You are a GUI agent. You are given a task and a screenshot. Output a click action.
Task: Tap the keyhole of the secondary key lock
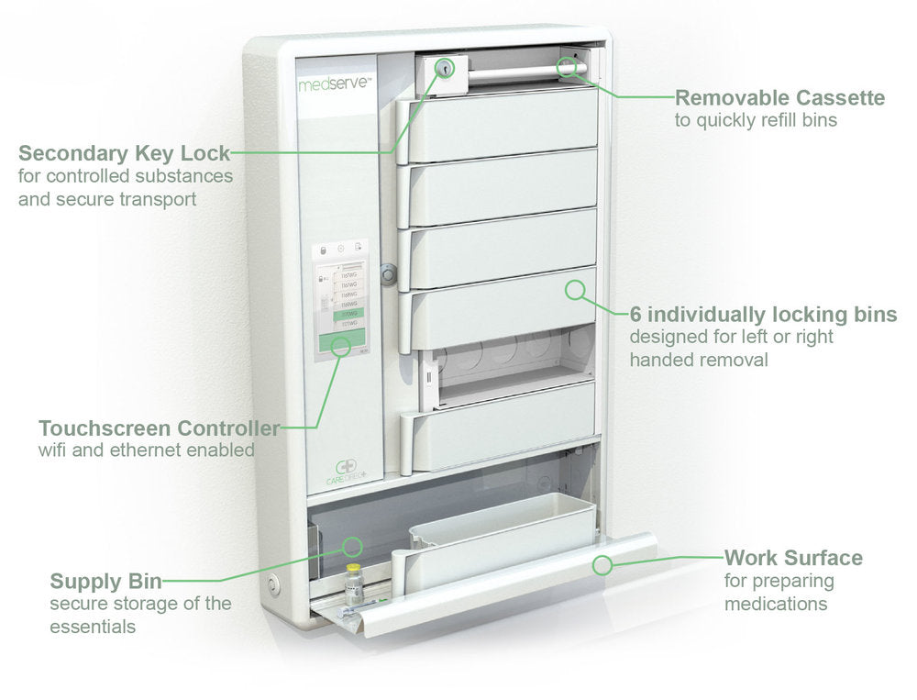tap(444, 70)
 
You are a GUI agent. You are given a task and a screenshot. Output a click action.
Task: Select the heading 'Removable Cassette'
tap(779, 98)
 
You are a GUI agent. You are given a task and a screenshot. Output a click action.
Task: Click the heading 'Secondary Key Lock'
tap(124, 152)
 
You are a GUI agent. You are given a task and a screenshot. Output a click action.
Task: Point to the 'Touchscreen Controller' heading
tap(159, 428)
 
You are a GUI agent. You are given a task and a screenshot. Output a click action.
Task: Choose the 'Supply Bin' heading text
tap(105, 581)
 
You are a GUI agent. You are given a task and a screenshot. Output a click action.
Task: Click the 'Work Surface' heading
tap(793, 558)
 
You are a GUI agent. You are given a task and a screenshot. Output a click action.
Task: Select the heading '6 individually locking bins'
tap(763, 315)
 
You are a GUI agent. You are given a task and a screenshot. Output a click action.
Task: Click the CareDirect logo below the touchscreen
tap(348, 472)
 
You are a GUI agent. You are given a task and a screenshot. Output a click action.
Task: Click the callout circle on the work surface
tap(602, 565)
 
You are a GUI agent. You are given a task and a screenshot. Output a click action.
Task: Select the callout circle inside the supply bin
tap(351, 547)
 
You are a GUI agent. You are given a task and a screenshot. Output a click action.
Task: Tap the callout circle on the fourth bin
tap(575, 291)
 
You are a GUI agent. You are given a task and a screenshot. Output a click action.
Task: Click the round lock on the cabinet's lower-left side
tap(272, 583)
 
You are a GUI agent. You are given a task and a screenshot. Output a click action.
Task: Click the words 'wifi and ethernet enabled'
tap(146, 450)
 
